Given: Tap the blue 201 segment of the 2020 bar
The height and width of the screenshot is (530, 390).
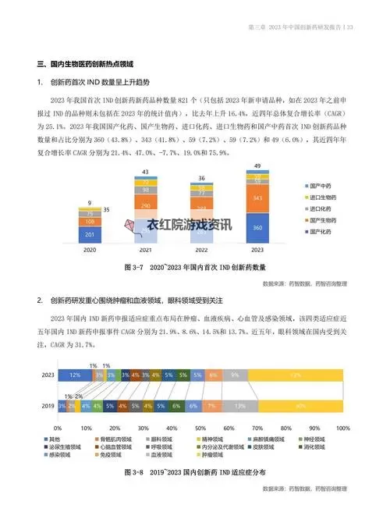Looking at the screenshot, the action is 89,234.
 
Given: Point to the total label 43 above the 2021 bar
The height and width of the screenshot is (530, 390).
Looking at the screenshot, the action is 145,172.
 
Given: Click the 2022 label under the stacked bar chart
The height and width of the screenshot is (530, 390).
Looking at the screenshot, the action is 200,251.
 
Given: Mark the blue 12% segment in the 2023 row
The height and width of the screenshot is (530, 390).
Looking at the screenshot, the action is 75,375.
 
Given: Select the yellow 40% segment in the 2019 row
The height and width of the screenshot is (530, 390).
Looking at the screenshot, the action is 301,406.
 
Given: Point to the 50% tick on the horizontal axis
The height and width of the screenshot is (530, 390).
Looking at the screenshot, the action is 200,428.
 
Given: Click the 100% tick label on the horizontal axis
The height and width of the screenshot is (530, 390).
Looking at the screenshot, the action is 342,428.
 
